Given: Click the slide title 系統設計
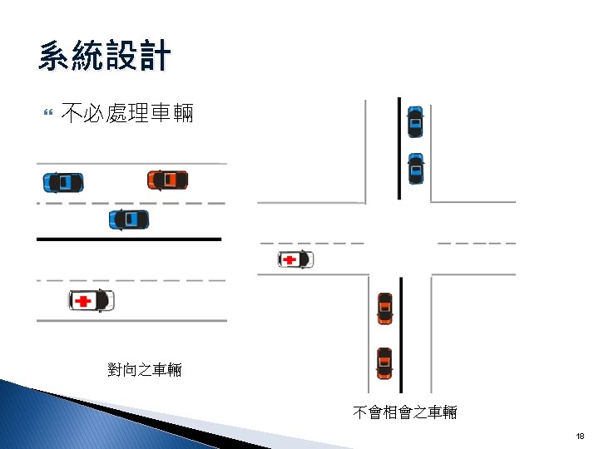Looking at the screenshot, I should click(104, 57).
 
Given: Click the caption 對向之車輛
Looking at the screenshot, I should click(145, 369).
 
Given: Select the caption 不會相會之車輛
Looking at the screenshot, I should click(404, 412).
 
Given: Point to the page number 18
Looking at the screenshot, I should click(580, 436).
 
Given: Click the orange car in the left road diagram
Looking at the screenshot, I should click(167, 180).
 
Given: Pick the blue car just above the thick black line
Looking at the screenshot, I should click(129, 220).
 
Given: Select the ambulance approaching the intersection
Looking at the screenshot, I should click(295, 260).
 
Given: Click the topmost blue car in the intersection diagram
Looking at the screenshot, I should click(414, 122).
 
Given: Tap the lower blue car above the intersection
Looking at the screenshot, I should click(415, 169).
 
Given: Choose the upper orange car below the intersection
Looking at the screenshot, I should click(384, 308).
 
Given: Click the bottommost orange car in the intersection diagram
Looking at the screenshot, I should click(384, 363).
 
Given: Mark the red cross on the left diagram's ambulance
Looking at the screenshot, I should click(82, 300).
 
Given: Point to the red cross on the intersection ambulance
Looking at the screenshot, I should click(290, 260).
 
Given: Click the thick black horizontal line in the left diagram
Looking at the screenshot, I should click(129, 239).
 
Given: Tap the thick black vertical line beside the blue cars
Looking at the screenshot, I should click(399, 149).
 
